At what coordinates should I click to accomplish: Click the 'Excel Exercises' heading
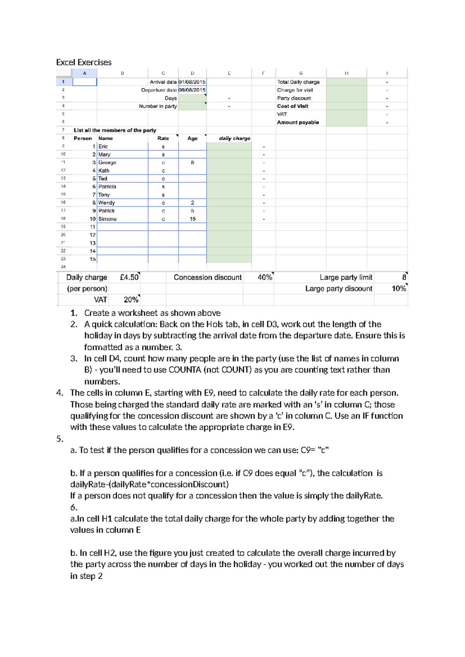coord(84,62)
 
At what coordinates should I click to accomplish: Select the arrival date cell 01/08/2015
coord(192,82)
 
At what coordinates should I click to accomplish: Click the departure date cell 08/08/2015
coord(192,90)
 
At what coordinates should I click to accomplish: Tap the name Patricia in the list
coord(107,187)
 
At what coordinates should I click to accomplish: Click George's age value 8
coord(193,163)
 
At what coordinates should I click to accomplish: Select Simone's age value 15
coord(193,219)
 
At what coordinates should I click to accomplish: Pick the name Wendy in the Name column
coord(107,203)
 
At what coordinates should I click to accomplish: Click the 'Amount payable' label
coord(298,122)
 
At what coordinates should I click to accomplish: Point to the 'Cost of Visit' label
coord(293,106)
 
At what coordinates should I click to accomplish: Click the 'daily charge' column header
coord(234,138)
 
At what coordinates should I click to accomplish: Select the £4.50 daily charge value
coord(129,277)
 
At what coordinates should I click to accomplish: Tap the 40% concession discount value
coord(265,277)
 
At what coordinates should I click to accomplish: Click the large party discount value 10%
coord(399,289)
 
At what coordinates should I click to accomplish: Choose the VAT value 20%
coord(131,300)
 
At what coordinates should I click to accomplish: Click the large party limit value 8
coord(404,277)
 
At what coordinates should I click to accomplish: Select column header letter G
coord(301,73)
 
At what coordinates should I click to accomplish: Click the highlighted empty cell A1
coord(85,82)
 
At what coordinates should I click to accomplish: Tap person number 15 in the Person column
coord(93,259)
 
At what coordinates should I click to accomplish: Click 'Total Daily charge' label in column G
coord(298,82)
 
